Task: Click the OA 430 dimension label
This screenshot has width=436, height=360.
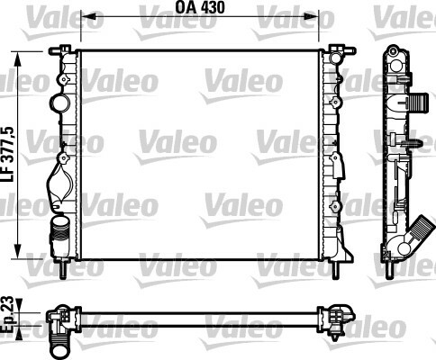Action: [200, 8]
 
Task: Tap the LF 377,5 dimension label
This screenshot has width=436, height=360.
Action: [8, 155]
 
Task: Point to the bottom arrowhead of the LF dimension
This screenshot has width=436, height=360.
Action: [18, 249]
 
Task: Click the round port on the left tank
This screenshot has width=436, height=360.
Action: [59, 103]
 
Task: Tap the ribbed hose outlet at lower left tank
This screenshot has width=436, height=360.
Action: [59, 231]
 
